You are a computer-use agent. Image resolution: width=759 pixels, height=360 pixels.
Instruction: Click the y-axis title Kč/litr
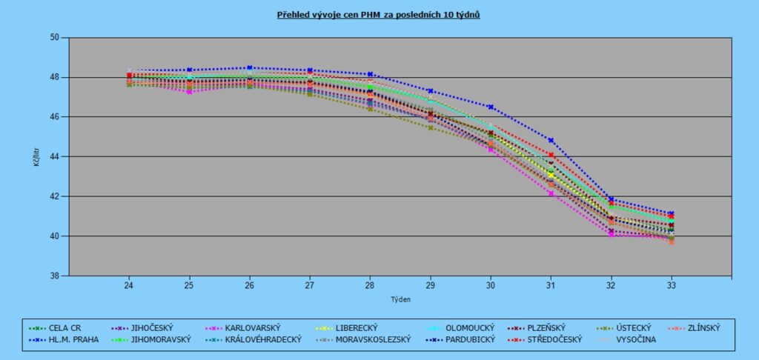(x=36, y=157)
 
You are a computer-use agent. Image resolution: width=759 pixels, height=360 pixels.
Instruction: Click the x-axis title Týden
(x=400, y=300)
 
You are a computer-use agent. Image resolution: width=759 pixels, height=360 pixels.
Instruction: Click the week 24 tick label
(x=129, y=285)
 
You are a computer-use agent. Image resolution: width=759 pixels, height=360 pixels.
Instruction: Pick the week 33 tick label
(x=672, y=285)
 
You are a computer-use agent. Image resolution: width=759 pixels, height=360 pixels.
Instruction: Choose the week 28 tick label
(x=370, y=285)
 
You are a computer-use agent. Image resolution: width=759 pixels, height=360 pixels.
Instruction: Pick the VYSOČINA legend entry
(x=634, y=339)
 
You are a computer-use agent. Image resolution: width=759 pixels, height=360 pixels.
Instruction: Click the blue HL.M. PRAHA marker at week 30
(x=491, y=107)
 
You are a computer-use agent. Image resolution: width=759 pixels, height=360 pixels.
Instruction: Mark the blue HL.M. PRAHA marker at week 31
(x=551, y=140)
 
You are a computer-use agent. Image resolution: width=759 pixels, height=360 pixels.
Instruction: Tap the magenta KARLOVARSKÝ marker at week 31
(x=551, y=193)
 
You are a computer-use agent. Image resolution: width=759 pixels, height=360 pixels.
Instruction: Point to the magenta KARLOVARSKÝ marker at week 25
(x=189, y=92)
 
